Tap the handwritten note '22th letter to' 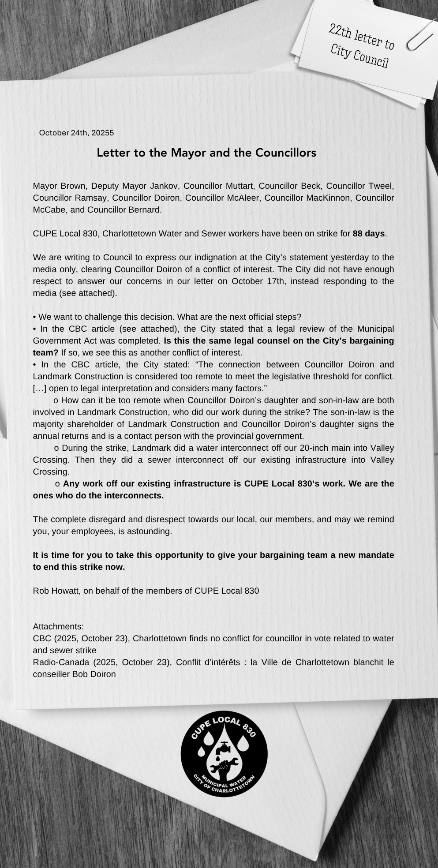point(362,37)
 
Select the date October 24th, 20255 point(76,133)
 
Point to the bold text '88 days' point(369,233)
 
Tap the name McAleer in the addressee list point(243,198)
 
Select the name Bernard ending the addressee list point(145,210)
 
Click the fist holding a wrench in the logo point(224,766)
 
